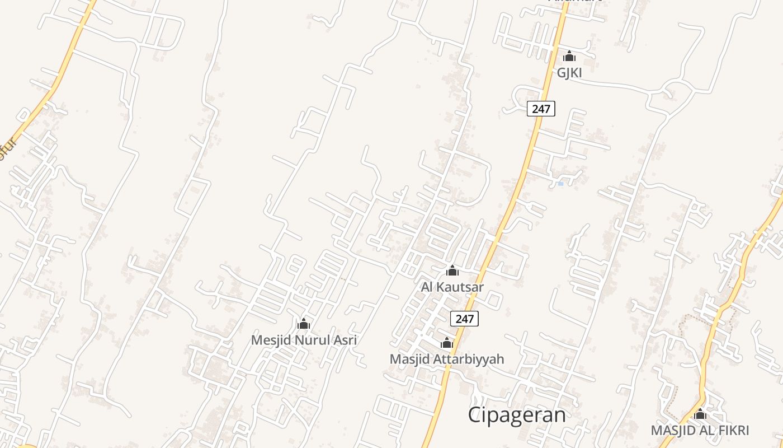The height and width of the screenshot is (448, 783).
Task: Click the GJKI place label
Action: (569, 73)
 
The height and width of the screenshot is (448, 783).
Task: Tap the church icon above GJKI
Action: (569, 56)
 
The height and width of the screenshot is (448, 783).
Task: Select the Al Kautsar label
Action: (452, 287)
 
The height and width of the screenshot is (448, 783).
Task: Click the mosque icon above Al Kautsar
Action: (452, 271)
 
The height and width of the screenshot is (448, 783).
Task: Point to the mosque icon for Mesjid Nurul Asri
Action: (304, 324)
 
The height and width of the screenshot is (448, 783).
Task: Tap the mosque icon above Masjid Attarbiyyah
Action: (447, 343)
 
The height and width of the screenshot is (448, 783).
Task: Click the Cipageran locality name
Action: (517, 415)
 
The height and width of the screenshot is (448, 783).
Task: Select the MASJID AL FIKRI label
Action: (700, 431)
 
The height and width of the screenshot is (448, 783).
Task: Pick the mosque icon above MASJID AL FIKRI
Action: (700, 414)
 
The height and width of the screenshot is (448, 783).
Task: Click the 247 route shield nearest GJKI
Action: (541, 109)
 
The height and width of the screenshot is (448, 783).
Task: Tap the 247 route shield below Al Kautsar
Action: (464, 319)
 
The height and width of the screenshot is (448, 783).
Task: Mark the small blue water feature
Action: (560, 183)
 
